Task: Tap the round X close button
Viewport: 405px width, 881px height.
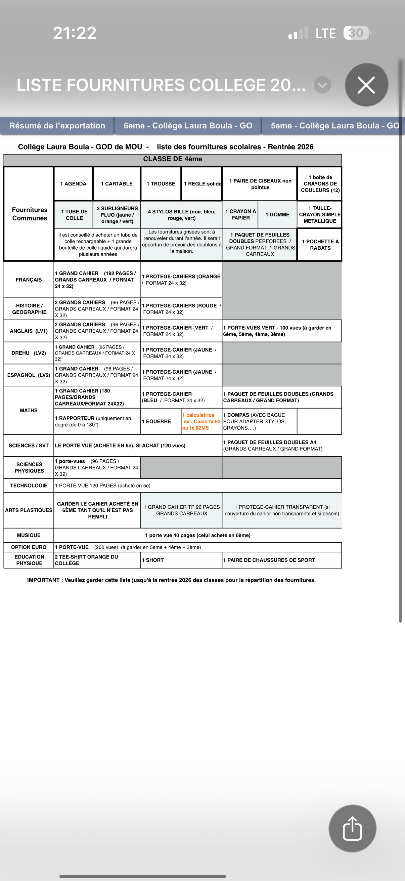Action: coord(366,85)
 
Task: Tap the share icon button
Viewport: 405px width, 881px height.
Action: coord(352,828)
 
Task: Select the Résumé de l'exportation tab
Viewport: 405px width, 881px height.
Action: coord(57,126)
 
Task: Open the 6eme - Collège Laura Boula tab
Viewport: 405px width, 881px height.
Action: coord(188,126)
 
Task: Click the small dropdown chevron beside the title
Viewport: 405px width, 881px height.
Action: coord(322,85)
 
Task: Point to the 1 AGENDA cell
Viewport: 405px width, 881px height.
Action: coord(73,184)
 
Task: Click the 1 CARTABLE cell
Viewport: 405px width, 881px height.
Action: coord(117,184)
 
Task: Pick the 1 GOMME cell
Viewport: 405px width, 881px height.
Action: coord(277,214)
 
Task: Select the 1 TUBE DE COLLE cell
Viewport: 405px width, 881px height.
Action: coord(74,215)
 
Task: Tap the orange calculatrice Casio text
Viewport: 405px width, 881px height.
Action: coord(201,421)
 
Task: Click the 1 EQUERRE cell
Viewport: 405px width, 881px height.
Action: coord(156,421)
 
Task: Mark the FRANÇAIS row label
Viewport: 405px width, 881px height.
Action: coord(29,280)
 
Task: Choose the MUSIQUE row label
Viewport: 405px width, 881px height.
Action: coord(29,535)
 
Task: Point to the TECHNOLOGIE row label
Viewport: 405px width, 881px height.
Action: coord(29,486)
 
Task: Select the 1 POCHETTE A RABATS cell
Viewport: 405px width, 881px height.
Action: coord(320,245)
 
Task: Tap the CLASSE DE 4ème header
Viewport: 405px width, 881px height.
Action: coord(173,159)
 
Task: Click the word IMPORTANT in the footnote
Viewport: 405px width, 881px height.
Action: coord(43,580)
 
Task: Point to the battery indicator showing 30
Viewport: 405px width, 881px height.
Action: coord(356,33)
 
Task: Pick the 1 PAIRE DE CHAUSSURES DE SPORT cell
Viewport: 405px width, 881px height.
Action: coord(269,560)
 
